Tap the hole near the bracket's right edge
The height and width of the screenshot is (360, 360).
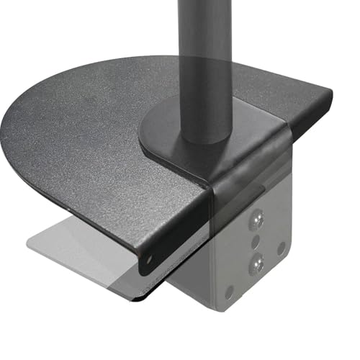coord(281,246)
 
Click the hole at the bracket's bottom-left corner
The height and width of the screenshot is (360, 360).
coord(229,291)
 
